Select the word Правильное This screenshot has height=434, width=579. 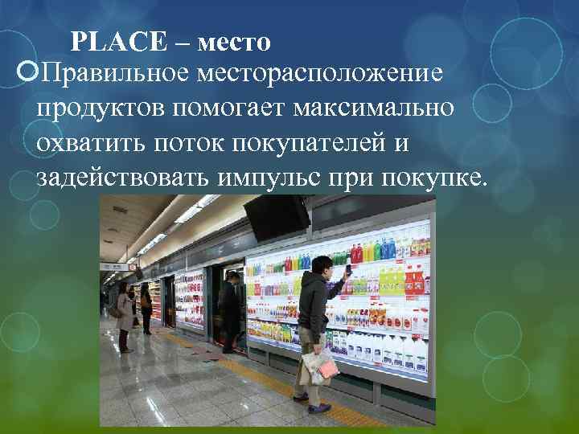point(115,73)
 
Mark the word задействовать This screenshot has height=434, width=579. point(121,177)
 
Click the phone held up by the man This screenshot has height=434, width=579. point(347,268)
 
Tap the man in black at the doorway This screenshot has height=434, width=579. point(231,309)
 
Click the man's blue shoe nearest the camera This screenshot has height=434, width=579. point(301,397)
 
